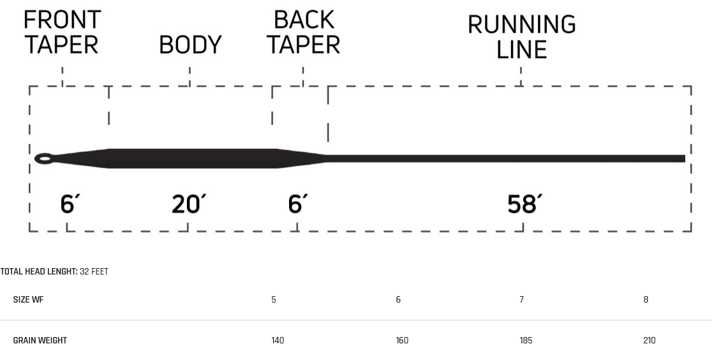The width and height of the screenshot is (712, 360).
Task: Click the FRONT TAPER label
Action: [x=62, y=33]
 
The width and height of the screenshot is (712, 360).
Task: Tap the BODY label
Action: [x=190, y=45]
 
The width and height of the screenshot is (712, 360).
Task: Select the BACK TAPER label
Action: [x=303, y=33]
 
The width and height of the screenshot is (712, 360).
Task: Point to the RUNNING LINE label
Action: [x=522, y=37]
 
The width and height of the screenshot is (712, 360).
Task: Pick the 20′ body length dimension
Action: [x=188, y=204]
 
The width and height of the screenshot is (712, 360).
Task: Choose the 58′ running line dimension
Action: [x=524, y=204]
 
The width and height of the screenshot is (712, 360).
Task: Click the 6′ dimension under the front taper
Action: [x=70, y=204]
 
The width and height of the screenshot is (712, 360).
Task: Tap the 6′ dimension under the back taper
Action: [x=297, y=204]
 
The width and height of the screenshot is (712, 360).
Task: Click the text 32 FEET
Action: [x=94, y=272]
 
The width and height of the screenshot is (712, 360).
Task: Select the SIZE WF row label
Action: [x=28, y=299]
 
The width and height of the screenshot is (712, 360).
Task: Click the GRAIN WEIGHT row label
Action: [x=40, y=340]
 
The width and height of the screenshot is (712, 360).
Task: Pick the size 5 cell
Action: [x=274, y=299]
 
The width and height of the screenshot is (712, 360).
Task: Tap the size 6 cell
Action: [x=398, y=299]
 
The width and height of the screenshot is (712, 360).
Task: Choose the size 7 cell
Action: [x=522, y=299]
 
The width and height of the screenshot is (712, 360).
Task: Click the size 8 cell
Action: [x=646, y=299]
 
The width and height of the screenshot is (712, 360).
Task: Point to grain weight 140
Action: [x=278, y=340]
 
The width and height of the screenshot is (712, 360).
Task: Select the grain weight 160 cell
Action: [x=402, y=340]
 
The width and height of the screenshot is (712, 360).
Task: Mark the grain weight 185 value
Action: [x=526, y=340]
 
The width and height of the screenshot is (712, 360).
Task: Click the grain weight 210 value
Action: [x=649, y=340]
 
